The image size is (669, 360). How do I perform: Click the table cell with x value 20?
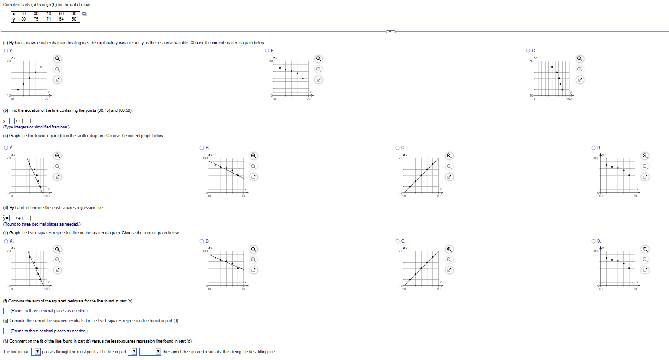[23, 14]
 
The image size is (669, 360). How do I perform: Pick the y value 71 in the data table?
[48, 19]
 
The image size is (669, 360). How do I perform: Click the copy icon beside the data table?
[84, 14]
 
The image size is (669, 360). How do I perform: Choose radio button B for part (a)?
[267, 50]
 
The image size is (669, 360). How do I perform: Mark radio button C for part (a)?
[528, 50]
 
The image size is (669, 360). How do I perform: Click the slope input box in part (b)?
[12, 122]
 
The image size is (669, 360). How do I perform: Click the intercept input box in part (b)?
[27, 122]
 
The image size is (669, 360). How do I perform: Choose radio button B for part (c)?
[202, 148]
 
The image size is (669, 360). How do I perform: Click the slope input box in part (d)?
[12, 218]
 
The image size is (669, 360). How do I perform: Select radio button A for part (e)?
[6, 241]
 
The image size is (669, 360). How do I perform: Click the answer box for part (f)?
[6, 311]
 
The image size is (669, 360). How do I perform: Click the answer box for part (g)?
[6, 331]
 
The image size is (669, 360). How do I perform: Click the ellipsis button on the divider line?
[390, 32]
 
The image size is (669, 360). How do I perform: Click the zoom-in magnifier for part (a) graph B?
[318, 58]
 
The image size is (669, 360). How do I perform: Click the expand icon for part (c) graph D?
[645, 177]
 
